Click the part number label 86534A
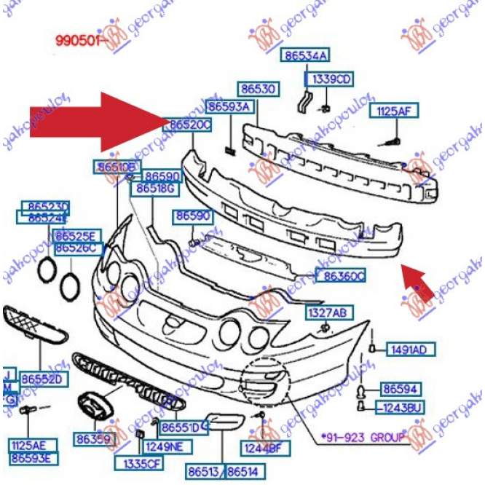point(306,55)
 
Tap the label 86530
point(259,89)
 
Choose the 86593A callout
point(229,106)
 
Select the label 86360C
point(341,276)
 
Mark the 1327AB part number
point(327,312)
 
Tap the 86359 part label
point(92,440)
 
